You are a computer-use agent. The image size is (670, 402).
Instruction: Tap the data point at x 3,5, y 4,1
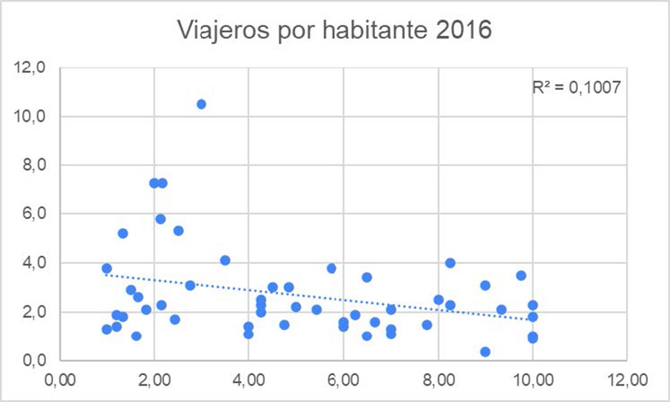[225, 261]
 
